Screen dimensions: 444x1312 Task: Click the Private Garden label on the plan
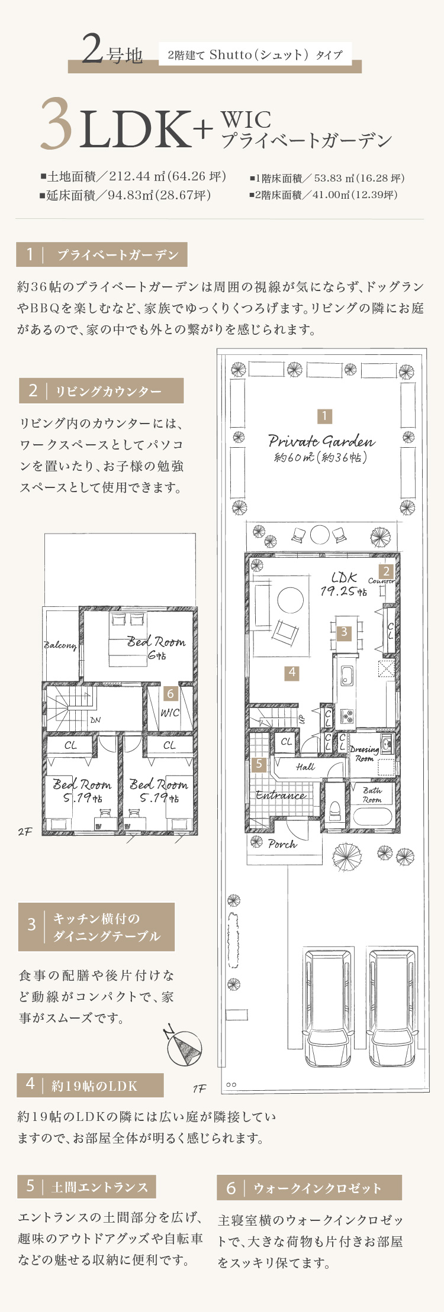321,441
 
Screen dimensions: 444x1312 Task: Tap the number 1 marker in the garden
324,416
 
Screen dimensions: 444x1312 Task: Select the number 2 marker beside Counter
386,571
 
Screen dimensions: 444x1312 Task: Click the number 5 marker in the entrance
259,764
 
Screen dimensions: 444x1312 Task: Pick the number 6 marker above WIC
170,693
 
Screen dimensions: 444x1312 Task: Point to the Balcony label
60,645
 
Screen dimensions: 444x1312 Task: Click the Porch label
282,844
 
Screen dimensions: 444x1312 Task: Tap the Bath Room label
372,794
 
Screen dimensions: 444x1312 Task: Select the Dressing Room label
364,753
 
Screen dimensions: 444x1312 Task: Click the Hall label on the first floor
305,767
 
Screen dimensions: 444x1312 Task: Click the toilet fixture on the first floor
334,808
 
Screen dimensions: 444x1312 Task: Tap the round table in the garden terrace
319,534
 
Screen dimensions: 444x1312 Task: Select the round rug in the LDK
290,600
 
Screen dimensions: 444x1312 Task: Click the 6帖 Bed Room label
156,647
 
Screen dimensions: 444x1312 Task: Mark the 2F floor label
25,832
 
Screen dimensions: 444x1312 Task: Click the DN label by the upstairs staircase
95,720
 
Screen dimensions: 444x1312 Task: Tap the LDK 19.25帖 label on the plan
343,584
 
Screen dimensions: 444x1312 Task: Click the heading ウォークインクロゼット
317,1187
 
